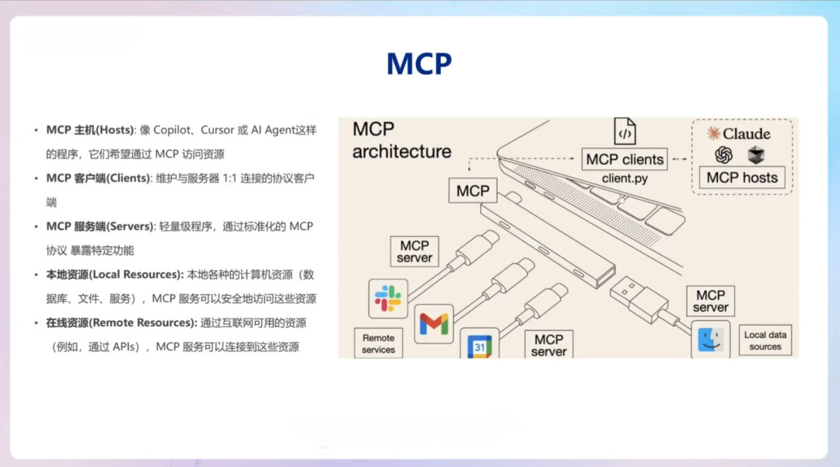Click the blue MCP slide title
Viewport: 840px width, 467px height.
tap(419, 64)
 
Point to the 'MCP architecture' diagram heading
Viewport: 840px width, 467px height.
tap(401, 140)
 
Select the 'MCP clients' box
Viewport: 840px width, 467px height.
tap(625, 159)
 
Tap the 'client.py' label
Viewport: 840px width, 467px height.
tap(625, 179)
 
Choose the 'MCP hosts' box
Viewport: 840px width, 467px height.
tap(741, 177)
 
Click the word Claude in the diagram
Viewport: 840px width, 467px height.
tap(746, 134)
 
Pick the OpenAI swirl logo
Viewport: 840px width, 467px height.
tap(724, 155)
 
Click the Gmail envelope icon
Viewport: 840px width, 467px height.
tap(433, 322)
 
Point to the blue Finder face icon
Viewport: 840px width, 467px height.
tap(710, 339)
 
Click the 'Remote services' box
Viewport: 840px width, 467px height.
tap(378, 343)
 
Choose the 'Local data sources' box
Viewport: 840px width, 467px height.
tap(765, 340)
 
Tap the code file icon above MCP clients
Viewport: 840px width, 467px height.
tap(625, 131)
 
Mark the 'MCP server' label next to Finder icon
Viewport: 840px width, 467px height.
tap(710, 301)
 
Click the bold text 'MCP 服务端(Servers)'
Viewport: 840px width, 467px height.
tap(100, 226)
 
